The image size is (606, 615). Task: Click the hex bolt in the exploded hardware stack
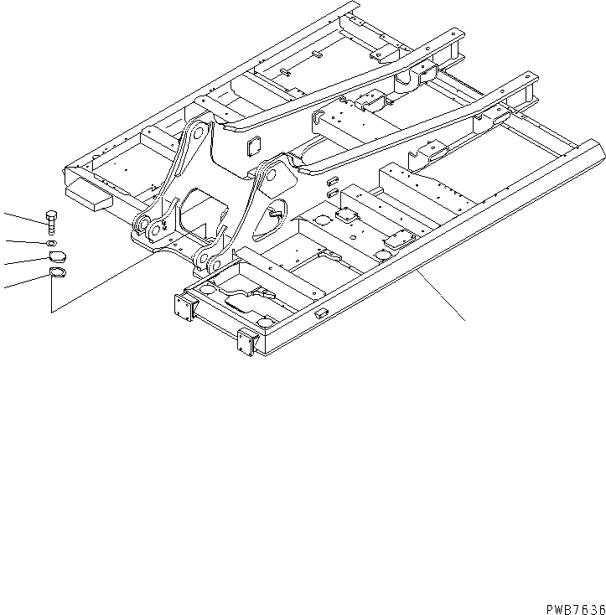pos(52,222)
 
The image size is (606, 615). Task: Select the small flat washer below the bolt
pos(52,244)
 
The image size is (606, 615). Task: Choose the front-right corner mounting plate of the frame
pos(246,342)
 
